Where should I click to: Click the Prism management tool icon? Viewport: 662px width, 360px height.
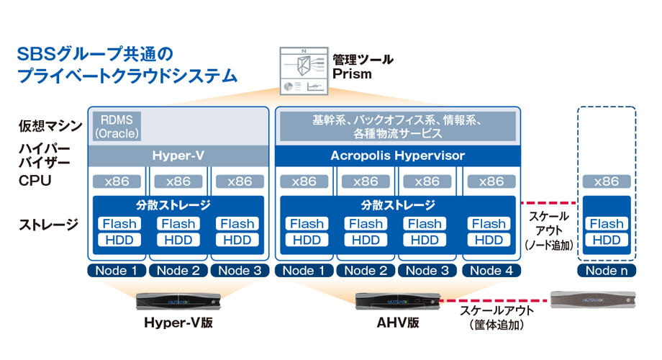pyautogui.click(x=304, y=71)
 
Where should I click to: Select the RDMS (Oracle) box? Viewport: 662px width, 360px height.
pyautogui.click(x=117, y=126)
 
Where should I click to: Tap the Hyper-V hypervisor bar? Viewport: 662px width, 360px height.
pyautogui.click(x=178, y=156)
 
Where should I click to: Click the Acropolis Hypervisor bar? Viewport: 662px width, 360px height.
pyautogui.click(x=398, y=156)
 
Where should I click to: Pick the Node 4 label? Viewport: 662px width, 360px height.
pyautogui.click(x=491, y=271)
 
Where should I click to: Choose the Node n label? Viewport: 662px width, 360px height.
pyautogui.click(x=607, y=271)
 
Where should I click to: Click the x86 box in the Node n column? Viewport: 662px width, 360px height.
pyautogui.click(x=607, y=181)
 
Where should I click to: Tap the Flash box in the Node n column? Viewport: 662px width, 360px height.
pyautogui.click(x=607, y=223)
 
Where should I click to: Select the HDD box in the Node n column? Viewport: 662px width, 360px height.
pyautogui.click(x=607, y=240)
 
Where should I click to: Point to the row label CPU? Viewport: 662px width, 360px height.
pyautogui.click(x=35, y=181)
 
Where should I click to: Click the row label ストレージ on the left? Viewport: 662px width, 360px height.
pyautogui.click(x=48, y=225)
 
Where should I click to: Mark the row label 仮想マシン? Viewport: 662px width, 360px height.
pyautogui.click(x=50, y=125)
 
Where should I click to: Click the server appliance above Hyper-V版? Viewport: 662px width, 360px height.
pyautogui.click(x=178, y=301)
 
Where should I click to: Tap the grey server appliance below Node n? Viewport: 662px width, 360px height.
pyautogui.click(x=593, y=300)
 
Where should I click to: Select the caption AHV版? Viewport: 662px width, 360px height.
pyautogui.click(x=398, y=323)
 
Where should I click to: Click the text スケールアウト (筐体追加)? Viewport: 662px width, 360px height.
pyautogui.click(x=496, y=318)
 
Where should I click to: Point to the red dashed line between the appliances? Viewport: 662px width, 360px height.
pyautogui.click(x=495, y=301)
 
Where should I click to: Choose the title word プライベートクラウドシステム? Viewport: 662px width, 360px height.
pyautogui.click(x=127, y=76)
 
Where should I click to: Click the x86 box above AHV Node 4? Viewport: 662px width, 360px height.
pyautogui.click(x=491, y=181)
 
